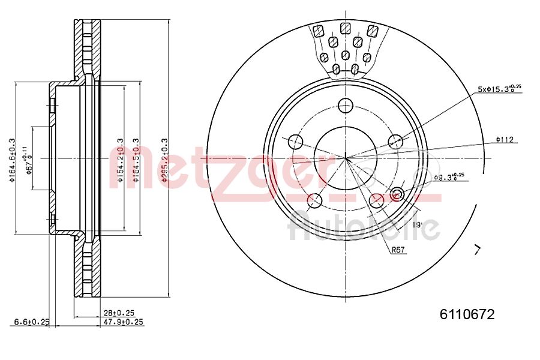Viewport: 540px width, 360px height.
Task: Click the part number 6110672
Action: click(x=467, y=314)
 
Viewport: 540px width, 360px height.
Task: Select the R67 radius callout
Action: click(x=398, y=250)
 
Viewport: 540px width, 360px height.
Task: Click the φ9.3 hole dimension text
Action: click(x=449, y=177)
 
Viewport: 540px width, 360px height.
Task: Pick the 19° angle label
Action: click(x=417, y=225)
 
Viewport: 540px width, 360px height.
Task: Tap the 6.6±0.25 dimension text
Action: click(x=32, y=322)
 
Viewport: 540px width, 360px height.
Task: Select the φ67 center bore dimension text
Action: click(x=28, y=158)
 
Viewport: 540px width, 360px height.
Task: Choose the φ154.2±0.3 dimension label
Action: click(x=120, y=158)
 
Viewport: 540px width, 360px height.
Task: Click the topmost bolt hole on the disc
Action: click(x=346, y=106)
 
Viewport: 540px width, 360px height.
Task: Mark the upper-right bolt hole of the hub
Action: click(x=395, y=142)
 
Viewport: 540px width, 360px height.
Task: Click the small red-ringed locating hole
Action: click(x=397, y=194)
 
